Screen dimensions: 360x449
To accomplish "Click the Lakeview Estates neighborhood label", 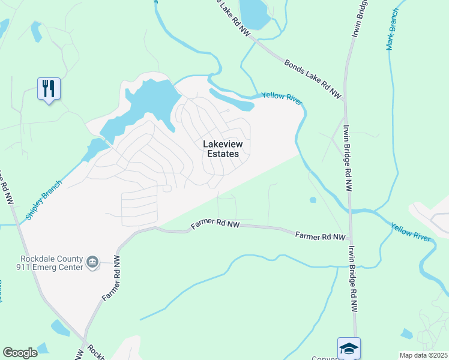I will coord(220,149).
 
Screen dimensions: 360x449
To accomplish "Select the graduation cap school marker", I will coord(348,348).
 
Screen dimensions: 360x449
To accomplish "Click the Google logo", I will coord(20,353).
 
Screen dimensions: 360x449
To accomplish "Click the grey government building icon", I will coord(92,262).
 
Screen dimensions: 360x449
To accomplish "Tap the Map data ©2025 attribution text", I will coord(423,355).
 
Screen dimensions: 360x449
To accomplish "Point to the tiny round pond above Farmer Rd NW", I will coord(313,200).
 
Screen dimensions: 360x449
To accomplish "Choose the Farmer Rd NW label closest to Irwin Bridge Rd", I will coord(320,236).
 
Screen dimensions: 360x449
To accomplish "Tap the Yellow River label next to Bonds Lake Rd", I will coord(281,96).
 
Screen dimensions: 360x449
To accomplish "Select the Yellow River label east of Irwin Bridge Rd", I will coord(411,232).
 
